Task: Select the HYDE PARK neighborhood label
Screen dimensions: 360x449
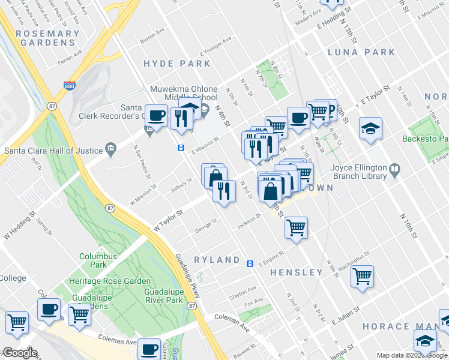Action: [x=177, y=64]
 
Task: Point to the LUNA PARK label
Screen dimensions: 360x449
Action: [x=362, y=52]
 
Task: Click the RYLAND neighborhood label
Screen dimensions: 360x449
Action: [x=217, y=260]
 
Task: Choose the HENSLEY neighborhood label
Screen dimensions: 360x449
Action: [x=297, y=272]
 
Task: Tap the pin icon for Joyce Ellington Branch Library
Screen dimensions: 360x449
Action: [x=394, y=171]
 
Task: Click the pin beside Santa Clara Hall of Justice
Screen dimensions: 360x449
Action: [x=110, y=149]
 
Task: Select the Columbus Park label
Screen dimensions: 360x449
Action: [x=98, y=260]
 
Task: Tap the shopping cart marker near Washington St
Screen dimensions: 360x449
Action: [x=362, y=276]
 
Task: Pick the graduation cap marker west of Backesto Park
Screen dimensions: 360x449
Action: [x=370, y=128]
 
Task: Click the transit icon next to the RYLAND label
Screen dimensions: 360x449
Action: [x=251, y=263]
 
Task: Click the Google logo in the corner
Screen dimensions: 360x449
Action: [x=20, y=353]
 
